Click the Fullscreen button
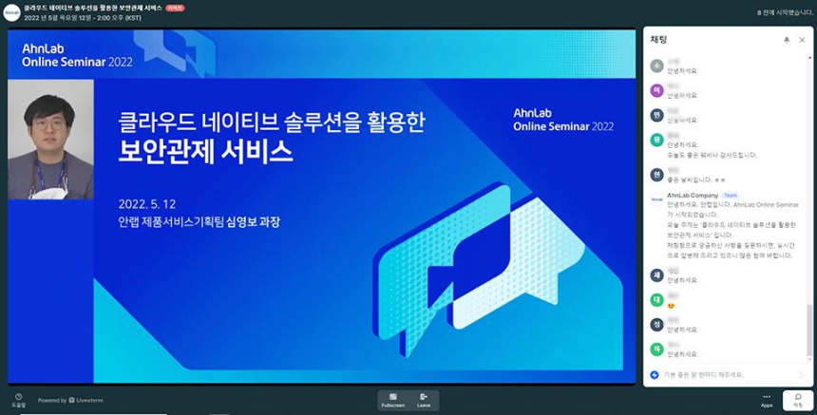pyautogui.click(x=393, y=400)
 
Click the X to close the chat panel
pyautogui.click(x=802, y=40)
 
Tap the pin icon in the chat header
pyautogui.click(x=786, y=40)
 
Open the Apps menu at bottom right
pyautogui.click(x=767, y=400)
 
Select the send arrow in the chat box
pyautogui.click(x=802, y=374)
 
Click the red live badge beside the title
pyautogui.click(x=175, y=8)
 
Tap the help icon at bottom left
pyautogui.click(x=18, y=399)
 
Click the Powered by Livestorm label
pyautogui.click(x=71, y=400)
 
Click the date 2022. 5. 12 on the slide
pyautogui.click(x=147, y=203)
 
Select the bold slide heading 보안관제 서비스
pyautogui.click(x=205, y=152)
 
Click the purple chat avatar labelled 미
pyautogui.click(x=656, y=90)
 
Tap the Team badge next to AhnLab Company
pyautogui.click(x=730, y=196)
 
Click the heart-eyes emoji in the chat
pyautogui.click(x=672, y=305)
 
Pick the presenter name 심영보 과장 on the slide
pyautogui.click(x=253, y=221)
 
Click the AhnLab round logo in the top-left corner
pyautogui.click(x=11, y=12)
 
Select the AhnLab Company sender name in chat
pyautogui.click(x=693, y=196)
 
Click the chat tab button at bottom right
pyautogui.click(x=798, y=400)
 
